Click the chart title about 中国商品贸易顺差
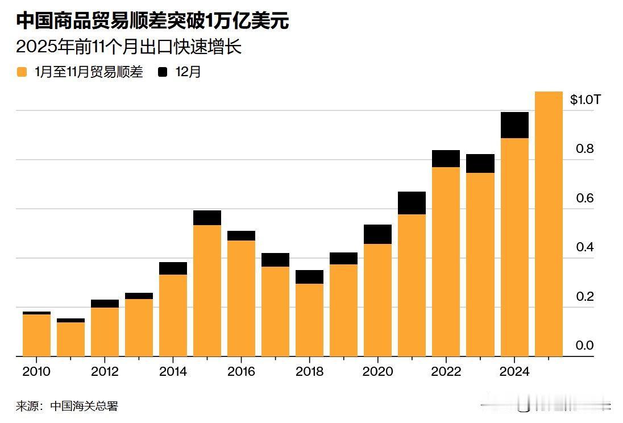(x=152, y=21)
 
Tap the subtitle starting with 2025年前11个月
(x=129, y=47)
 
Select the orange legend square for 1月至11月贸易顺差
(x=22, y=72)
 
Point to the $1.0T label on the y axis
(x=585, y=100)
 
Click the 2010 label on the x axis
(x=36, y=372)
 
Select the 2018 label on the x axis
(x=309, y=372)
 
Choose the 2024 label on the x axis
(x=514, y=372)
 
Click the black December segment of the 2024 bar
(x=514, y=125)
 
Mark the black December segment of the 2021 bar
(x=412, y=203)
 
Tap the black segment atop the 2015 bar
(x=207, y=218)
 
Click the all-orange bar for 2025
(x=549, y=227)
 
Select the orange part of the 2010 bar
(x=36, y=335)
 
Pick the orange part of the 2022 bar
(x=446, y=262)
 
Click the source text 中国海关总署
(x=84, y=406)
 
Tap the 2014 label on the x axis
(x=173, y=372)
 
